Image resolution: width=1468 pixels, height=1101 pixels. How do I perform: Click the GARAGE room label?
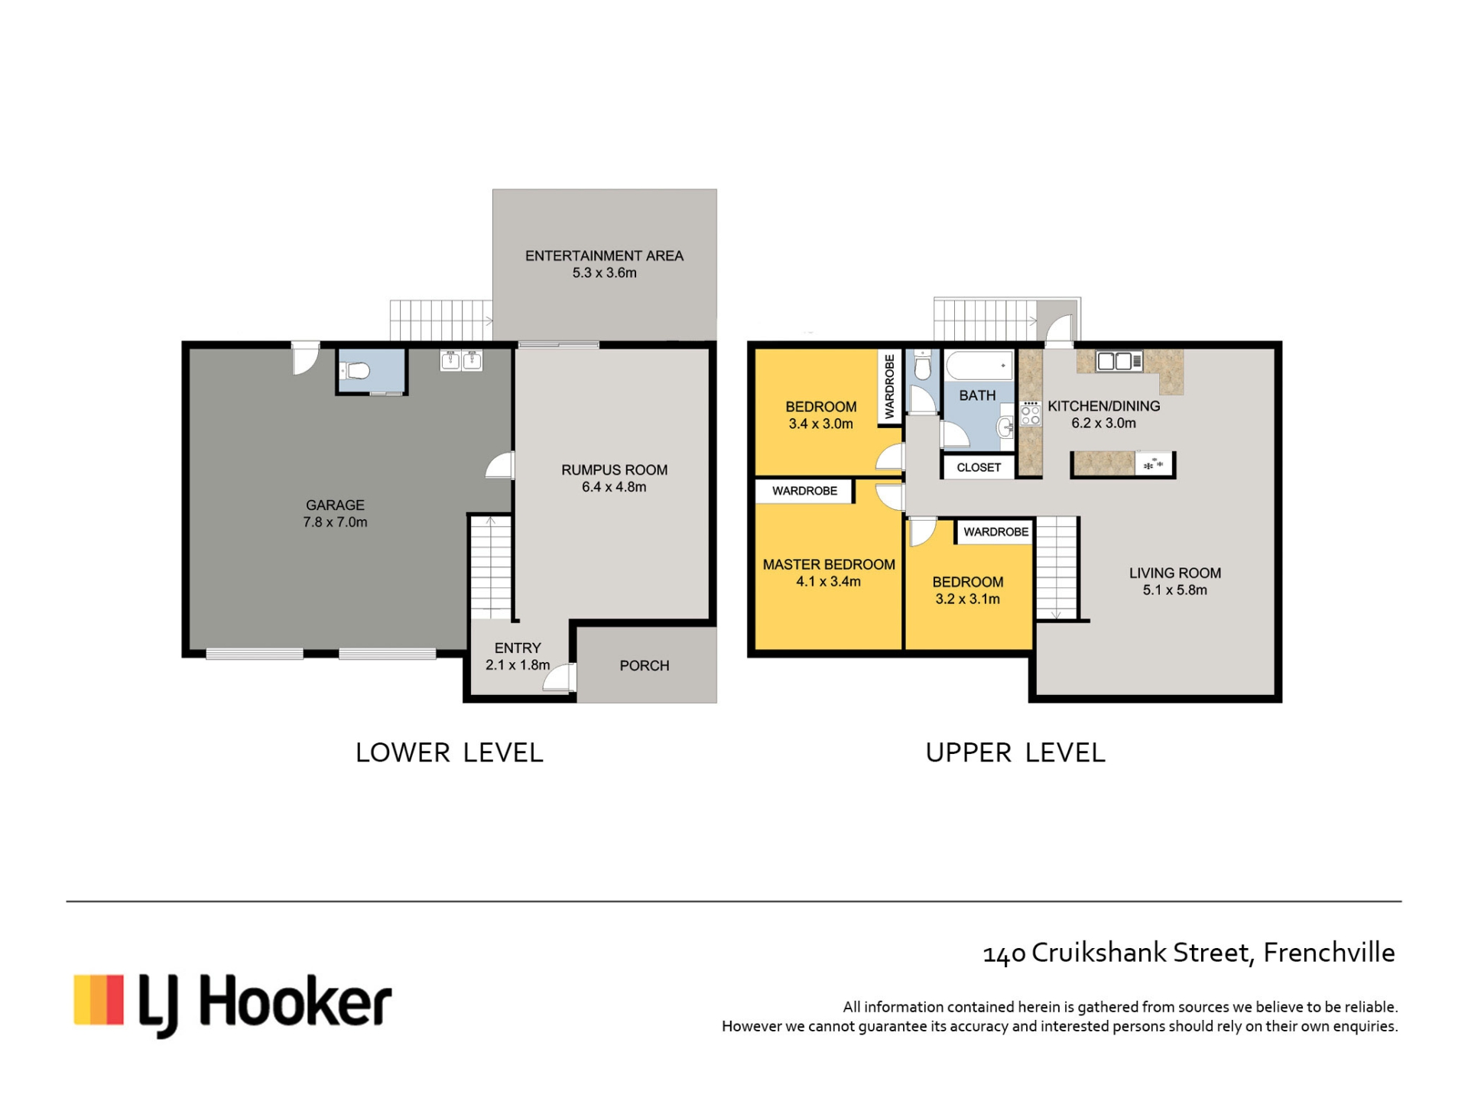[x=335, y=505]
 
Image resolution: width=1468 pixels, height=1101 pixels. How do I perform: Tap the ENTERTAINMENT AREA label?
[x=604, y=256]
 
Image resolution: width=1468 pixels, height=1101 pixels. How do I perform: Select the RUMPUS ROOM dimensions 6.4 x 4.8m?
[x=614, y=487]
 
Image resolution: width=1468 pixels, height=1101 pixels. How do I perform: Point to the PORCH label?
[x=645, y=666]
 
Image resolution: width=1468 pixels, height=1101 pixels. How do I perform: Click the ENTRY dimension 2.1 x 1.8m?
[x=518, y=665]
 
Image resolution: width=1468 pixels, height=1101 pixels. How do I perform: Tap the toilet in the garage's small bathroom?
[x=356, y=372]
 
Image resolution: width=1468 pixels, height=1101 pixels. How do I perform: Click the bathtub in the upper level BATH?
[x=979, y=365]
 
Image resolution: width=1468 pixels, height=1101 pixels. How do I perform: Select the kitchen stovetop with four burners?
[x=1031, y=414]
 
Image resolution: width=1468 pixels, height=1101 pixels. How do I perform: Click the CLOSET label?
[x=979, y=468]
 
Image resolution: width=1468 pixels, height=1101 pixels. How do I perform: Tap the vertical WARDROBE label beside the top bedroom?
[x=889, y=386]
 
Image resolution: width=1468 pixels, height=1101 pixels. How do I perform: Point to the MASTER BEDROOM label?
[x=829, y=565]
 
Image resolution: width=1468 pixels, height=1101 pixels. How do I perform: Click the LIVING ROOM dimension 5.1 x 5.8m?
[x=1175, y=590]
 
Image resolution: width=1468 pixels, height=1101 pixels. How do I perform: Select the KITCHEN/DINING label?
[x=1104, y=407]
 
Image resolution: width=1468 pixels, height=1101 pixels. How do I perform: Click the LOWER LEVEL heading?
[x=450, y=753]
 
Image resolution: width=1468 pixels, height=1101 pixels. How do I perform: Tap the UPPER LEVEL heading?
[x=1015, y=753]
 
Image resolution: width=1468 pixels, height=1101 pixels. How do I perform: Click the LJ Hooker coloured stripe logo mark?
[x=99, y=999]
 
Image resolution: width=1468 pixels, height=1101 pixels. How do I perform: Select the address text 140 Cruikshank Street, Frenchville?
[x=1189, y=953]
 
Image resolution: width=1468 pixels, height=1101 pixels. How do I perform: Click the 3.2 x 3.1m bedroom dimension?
[x=968, y=599]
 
